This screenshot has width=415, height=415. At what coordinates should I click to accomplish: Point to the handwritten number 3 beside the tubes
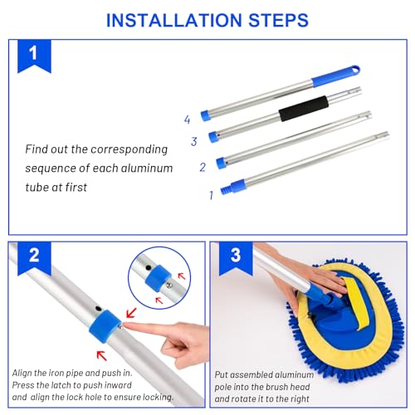click(193, 141)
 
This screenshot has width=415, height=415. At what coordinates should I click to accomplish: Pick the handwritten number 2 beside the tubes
click(201, 167)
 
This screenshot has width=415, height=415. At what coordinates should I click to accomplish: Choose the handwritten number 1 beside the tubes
click(211, 195)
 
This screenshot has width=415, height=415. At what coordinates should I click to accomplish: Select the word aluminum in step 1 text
click(146, 168)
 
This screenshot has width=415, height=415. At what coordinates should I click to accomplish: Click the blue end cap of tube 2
click(222, 162)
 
